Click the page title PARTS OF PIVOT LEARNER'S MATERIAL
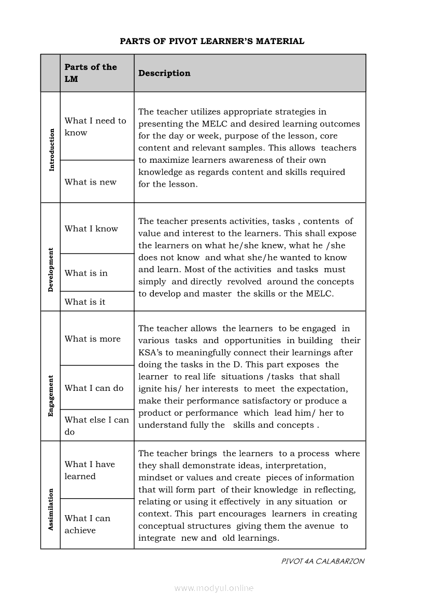click(212, 41)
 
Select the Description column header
click(164, 73)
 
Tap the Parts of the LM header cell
click(91, 73)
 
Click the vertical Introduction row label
click(51, 150)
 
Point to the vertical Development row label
click(51, 270)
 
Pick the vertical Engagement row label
click(51, 396)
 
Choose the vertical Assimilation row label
click(51, 510)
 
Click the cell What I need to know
click(95, 126)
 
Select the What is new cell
click(91, 182)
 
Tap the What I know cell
click(91, 229)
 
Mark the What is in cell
click(86, 273)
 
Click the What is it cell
click(85, 302)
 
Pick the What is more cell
click(92, 339)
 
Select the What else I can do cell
click(96, 426)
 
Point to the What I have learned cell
click(90, 470)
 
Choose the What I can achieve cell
click(88, 524)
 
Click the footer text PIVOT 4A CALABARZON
click(322, 561)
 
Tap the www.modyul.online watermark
click(214, 588)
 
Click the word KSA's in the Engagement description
click(151, 353)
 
